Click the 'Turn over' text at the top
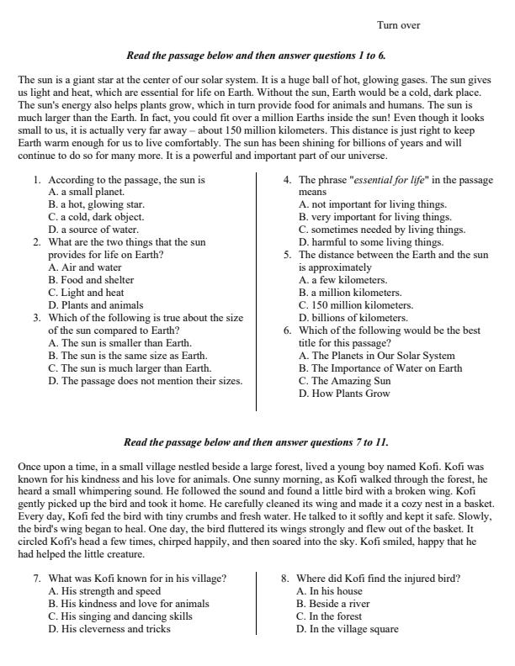pos(398,25)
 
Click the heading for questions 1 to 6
pos(256,55)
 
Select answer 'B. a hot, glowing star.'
pos(96,204)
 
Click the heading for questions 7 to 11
pos(256,442)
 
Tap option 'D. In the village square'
pos(348,629)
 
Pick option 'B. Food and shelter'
pos(91,280)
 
